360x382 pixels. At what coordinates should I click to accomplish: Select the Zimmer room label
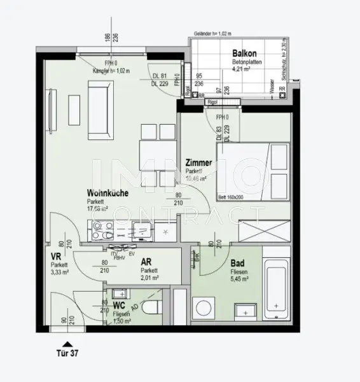[x=199, y=164]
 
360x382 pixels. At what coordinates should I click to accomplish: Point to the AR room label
[x=146, y=262]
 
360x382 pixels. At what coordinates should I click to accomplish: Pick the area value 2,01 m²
[x=150, y=278]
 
